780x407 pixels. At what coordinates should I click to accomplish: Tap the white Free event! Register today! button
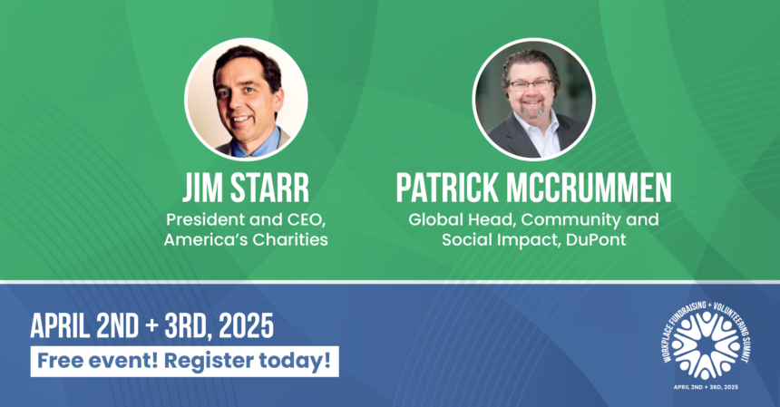point(185,362)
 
